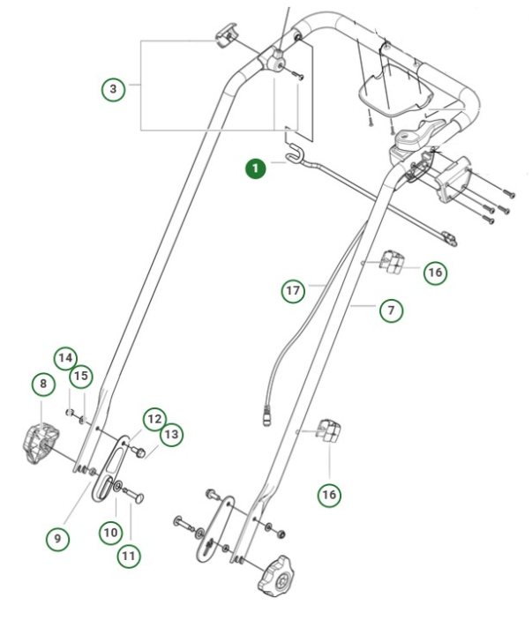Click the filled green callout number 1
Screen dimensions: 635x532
(x=256, y=168)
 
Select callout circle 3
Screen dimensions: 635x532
(x=112, y=88)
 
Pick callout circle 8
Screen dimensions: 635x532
(x=41, y=384)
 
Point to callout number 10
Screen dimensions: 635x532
(x=109, y=532)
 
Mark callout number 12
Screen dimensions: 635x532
(x=154, y=418)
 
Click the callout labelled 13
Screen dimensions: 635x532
(x=171, y=434)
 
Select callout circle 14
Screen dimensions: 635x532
(x=64, y=358)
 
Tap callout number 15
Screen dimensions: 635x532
(x=82, y=377)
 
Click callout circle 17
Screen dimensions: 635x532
(x=294, y=290)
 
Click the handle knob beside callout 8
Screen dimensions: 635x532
(x=37, y=444)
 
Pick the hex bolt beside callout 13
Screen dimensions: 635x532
(x=139, y=452)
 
